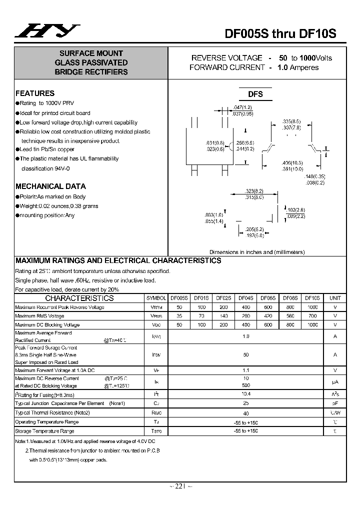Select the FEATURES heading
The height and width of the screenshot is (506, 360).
pyautogui.click(x=35, y=93)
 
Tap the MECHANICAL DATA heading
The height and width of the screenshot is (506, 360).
pyautogui.click(x=50, y=186)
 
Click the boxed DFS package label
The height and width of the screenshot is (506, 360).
pyautogui.click(x=255, y=94)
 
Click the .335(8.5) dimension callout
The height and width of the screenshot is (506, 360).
pyautogui.click(x=291, y=121)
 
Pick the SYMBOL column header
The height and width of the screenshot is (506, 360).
pyautogui.click(x=155, y=298)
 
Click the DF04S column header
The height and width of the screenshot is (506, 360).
pyautogui.click(x=246, y=298)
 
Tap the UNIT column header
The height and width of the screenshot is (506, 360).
pyautogui.click(x=335, y=298)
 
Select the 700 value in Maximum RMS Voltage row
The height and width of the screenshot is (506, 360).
pyautogui.click(x=312, y=316)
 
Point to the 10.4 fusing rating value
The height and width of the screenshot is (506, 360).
pyautogui.click(x=245, y=394)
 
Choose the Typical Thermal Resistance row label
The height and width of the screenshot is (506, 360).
pyautogui.click(x=52, y=412)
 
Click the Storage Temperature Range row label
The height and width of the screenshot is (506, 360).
pyautogui.click(x=44, y=431)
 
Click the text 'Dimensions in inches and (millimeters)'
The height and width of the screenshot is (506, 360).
pyautogui.click(x=257, y=252)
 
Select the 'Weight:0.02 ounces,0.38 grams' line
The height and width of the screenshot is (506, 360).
pyautogui.click(x=59, y=206)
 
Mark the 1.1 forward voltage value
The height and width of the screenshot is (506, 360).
pyautogui.click(x=245, y=370)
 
